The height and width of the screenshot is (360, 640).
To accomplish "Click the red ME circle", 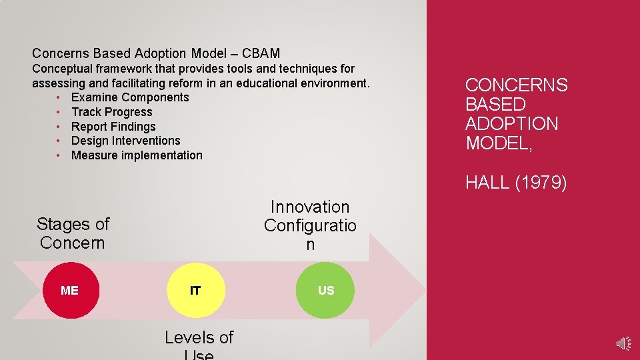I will click(69, 290).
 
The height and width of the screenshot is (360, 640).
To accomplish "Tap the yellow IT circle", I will click(195, 290).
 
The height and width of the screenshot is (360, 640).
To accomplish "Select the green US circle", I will click(325, 290).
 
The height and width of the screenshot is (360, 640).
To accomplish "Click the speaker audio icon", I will click(623, 343).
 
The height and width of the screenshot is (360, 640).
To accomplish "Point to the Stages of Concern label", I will click(73, 233).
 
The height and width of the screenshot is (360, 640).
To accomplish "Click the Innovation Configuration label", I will click(310, 225).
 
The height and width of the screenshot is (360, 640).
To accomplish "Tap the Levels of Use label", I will click(199, 344).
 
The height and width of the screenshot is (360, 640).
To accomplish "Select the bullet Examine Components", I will click(130, 97).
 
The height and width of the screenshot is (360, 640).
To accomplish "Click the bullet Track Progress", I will click(111, 112).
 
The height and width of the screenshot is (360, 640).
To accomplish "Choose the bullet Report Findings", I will click(113, 127).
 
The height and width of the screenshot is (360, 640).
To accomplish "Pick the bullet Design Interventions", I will click(125, 141).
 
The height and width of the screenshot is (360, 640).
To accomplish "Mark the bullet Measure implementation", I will click(137, 155).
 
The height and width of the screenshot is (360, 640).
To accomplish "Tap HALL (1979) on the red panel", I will click(516, 182).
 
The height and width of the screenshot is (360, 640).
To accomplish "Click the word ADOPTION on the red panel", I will click(511, 124).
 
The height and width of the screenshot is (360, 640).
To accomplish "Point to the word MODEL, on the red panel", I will click(499, 143).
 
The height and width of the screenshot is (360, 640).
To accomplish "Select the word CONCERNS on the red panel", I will click(516, 85).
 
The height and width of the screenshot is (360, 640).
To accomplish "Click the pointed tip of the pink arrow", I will click(423, 290).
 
